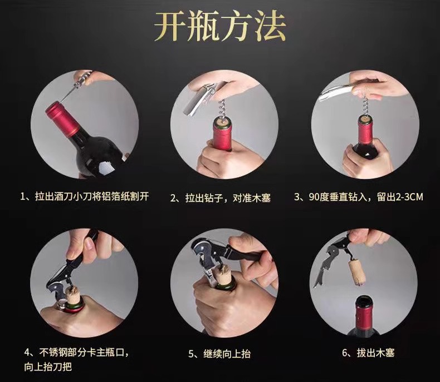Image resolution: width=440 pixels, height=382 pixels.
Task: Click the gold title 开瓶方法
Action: tap(220, 27)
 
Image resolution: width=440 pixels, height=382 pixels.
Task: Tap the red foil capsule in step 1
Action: tap(62, 119)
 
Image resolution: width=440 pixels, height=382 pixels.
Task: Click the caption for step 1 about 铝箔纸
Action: tap(85, 196)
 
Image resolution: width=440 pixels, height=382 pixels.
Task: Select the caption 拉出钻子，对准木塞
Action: tap(221, 198)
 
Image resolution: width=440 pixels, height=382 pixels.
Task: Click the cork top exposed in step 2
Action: tap(222, 122)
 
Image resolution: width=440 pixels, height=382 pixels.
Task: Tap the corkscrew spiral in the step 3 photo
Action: tap(365, 106)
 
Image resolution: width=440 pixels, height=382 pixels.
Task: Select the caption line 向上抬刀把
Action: tap(48, 366)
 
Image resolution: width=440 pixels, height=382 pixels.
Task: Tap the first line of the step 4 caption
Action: tap(76, 353)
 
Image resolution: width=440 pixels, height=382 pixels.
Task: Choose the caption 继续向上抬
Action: tap(219, 354)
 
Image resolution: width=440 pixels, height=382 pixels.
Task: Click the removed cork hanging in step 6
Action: tap(357, 272)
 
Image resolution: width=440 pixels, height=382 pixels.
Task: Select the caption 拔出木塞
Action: tap(368, 353)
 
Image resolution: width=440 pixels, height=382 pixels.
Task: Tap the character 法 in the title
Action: tap(270, 27)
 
